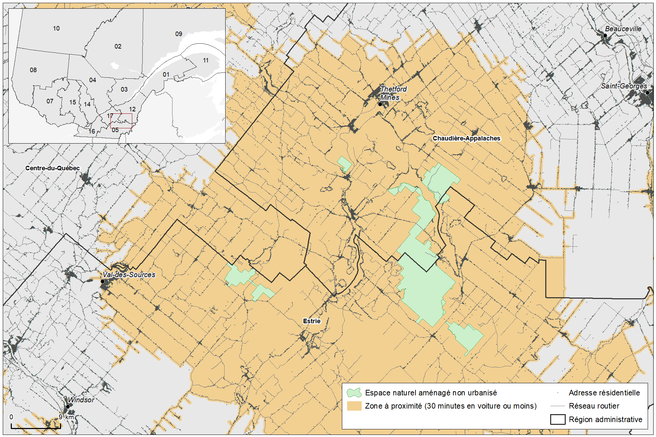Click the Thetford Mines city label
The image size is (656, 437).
pyautogui.click(x=393, y=93)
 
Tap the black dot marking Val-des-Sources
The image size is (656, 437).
pyautogui.click(x=102, y=282)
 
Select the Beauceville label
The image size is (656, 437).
pyautogui.click(x=623, y=29)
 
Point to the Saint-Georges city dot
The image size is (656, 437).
pyautogui.click(x=647, y=93)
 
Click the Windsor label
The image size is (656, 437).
pyautogui.click(x=81, y=400)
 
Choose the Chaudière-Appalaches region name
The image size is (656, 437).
pyautogui.click(x=466, y=138)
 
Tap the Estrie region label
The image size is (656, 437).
pyautogui.click(x=312, y=321)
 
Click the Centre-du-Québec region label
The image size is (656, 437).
pyautogui.click(x=52, y=168)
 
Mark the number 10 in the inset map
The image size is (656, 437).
pyautogui.click(x=56, y=28)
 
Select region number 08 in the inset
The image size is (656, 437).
pyautogui.click(x=33, y=70)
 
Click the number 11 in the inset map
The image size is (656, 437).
pyautogui.click(x=206, y=60)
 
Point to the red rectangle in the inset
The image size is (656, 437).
pyautogui.click(x=121, y=121)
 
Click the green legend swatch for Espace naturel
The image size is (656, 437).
pyautogui.click(x=354, y=393)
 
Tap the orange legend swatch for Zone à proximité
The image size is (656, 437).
pyautogui.click(x=354, y=406)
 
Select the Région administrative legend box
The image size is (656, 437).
pyautogui.click(x=557, y=419)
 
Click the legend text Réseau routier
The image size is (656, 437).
pyautogui.click(x=594, y=406)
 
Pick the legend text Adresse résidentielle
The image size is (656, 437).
pyautogui.click(x=604, y=393)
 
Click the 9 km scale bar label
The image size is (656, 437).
pyautogui.click(x=66, y=417)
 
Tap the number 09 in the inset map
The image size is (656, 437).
pyautogui.click(x=179, y=34)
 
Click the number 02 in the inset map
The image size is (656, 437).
pyautogui.click(x=118, y=46)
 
